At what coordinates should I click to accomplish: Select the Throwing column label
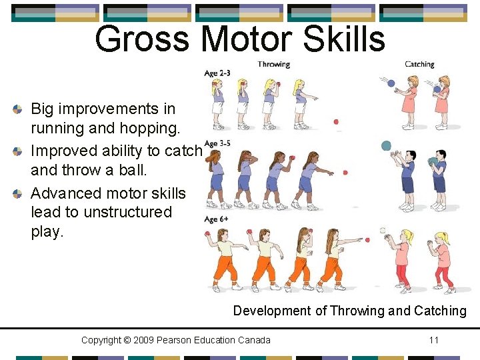click(273, 65)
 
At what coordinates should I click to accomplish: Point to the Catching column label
click(419, 65)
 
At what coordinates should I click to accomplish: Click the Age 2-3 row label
click(217, 73)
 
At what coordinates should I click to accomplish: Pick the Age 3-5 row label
click(217, 143)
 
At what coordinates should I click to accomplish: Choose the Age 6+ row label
click(216, 219)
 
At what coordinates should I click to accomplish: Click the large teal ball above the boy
click(386, 145)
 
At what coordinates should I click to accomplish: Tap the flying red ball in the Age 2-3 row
click(336, 122)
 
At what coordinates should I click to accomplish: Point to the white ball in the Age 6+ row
click(383, 230)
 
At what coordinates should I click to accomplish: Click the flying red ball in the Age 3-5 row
click(345, 173)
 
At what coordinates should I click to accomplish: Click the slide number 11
click(434, 340)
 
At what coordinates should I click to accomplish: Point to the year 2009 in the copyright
click(145, 340)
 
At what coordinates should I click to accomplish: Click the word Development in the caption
click(271, 311)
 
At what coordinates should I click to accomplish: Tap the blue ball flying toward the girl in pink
click(391, 84)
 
